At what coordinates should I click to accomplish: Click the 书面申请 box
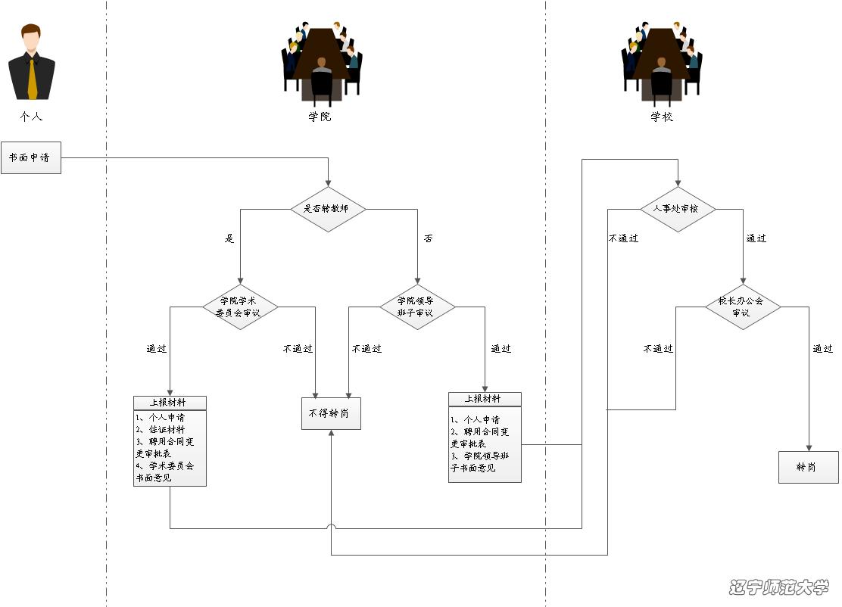[x=30, y=158]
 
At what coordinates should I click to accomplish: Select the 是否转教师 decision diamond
[x=328, y=209]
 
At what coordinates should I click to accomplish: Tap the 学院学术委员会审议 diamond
[x=240, y=307]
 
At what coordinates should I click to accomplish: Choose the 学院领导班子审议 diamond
[x=416, y=307]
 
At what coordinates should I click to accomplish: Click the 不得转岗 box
[x=331, y=413]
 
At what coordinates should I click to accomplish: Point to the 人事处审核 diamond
[x=678, y=209]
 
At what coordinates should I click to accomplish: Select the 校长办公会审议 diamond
[x=742, y=307]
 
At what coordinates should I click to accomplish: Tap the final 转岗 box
[x=808, y=467]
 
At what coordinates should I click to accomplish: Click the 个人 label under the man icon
[x=31, y=117]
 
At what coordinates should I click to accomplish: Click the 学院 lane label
[x=320, y=117]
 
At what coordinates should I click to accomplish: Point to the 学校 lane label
[x=661, y=117]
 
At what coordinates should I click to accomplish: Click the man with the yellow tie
[x=32, y=64]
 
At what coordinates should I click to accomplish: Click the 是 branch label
[x=229, y=239]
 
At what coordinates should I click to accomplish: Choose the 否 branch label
[x=429, y=239]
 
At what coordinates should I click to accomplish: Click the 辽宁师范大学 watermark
[x=779, y=587]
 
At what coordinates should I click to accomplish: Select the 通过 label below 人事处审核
[x=756, y=238]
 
